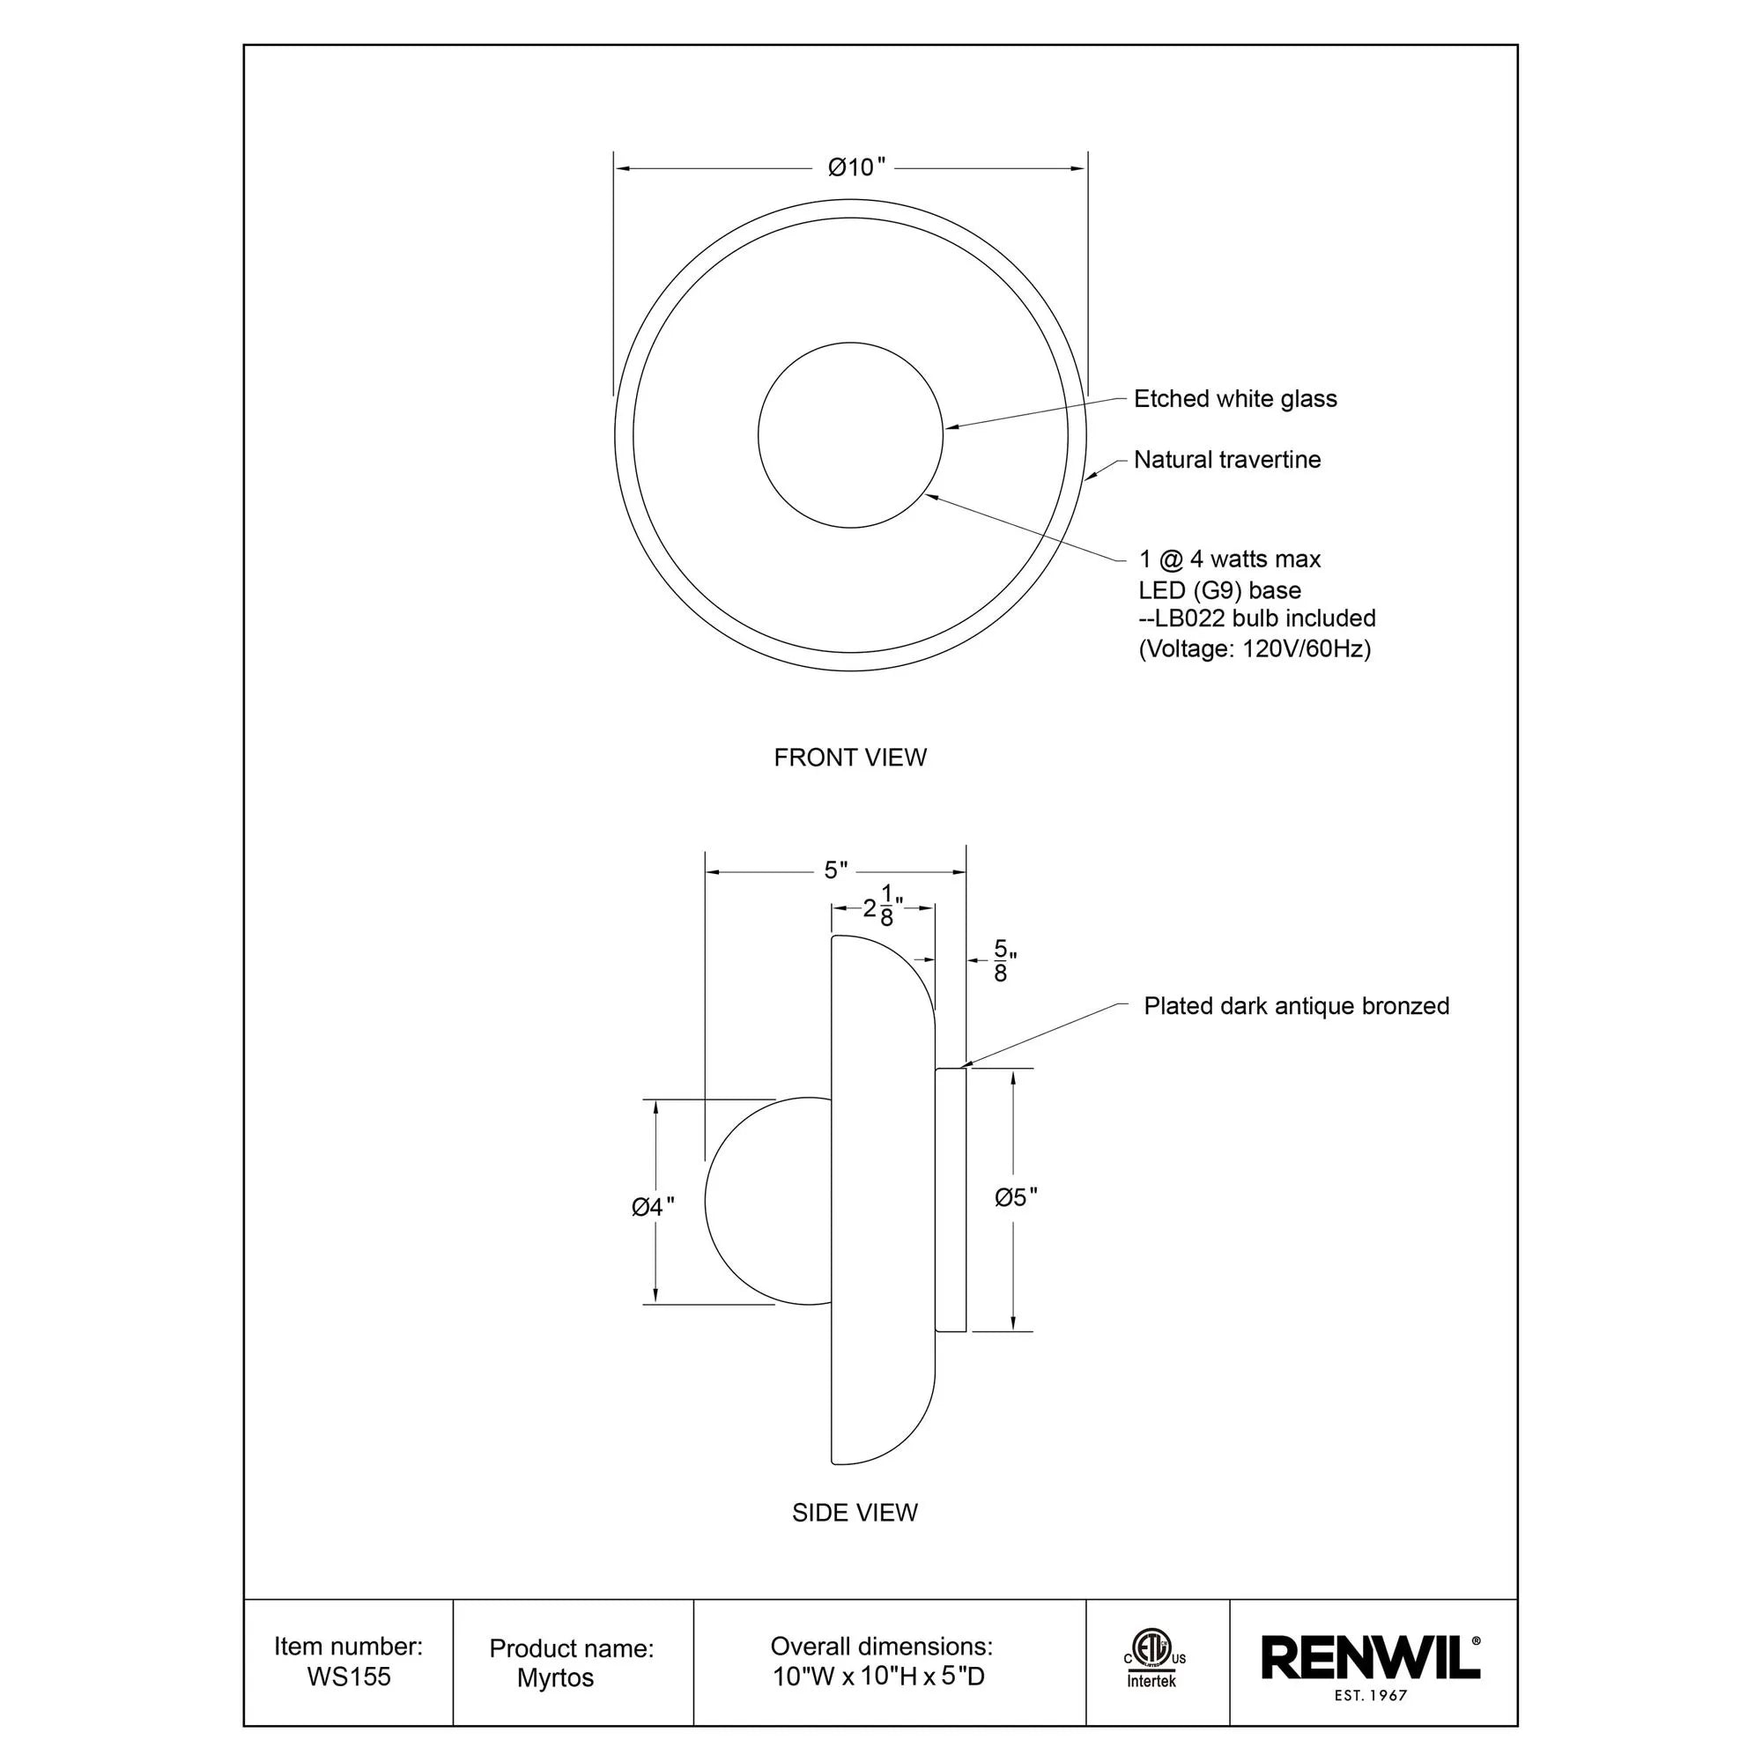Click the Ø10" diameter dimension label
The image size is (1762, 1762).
(856, 167)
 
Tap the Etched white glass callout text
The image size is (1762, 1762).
(1235, 398)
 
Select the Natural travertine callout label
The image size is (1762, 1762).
(1226, 460)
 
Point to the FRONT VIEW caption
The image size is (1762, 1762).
(850, 757)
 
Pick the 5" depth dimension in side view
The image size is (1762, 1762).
(835, 871)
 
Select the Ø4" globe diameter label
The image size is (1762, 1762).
(653, 1207)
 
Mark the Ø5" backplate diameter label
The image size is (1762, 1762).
(1016, 1197)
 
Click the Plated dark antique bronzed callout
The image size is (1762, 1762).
(1296, 1006)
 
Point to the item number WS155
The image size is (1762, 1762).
(348, 1677)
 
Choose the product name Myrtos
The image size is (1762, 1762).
(555, 1678)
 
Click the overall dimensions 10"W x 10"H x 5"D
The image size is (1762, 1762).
(879, 1677)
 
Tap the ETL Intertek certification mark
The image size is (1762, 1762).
(1154, 1665)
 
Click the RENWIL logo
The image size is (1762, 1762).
(1369, 1657)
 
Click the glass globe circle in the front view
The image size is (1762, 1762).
(850, 435)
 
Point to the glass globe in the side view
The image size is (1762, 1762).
(768, 1201)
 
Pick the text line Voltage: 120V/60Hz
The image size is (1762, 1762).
(1255, 649)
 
